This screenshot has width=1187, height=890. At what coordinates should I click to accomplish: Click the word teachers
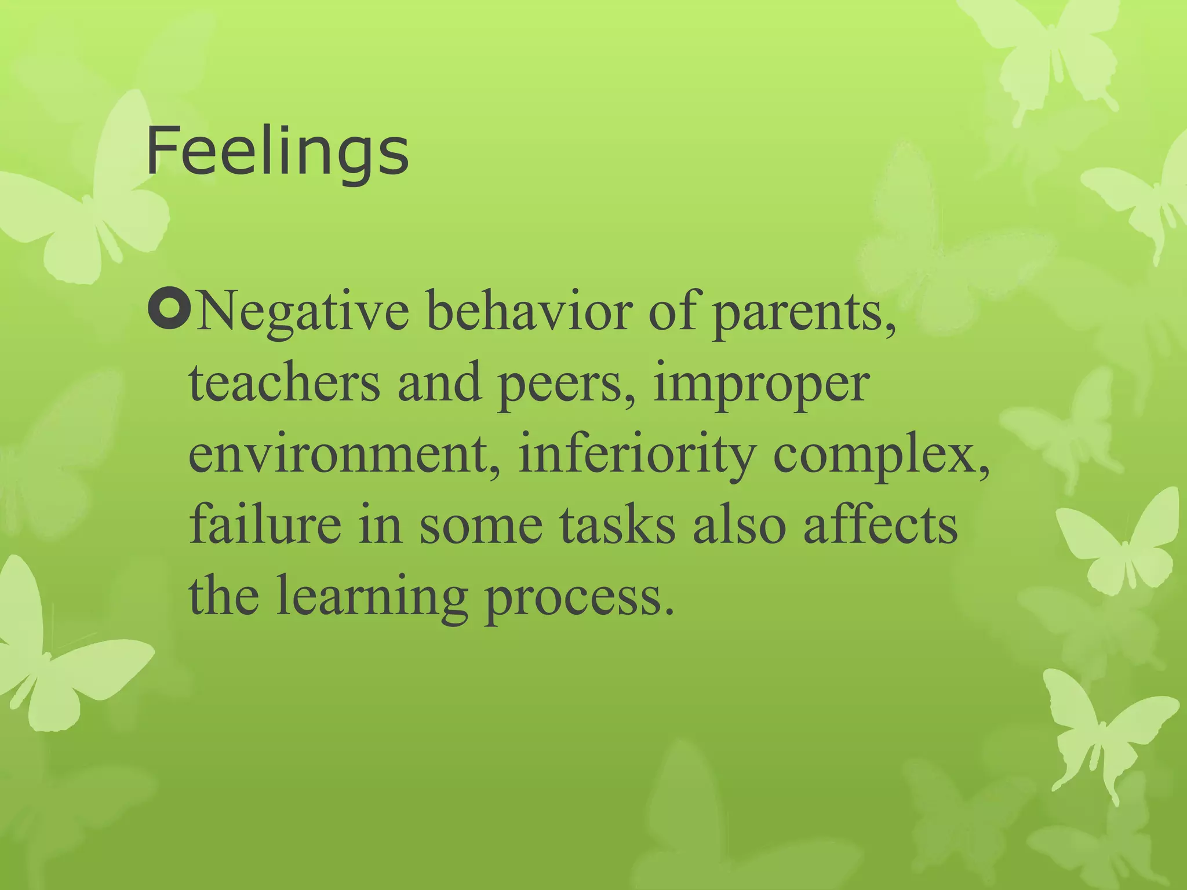coord(284,384)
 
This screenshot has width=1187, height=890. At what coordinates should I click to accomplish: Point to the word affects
coord(880,525)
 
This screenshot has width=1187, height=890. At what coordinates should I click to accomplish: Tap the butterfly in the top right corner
coord(1043,52)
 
